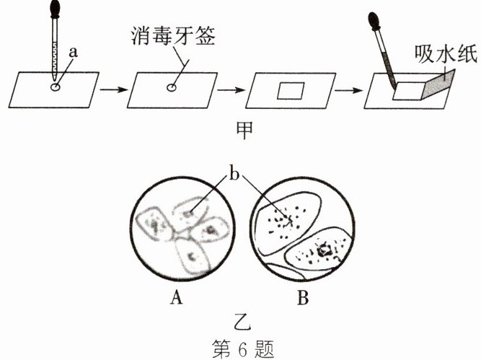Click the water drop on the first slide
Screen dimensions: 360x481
[x=56, y=87]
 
